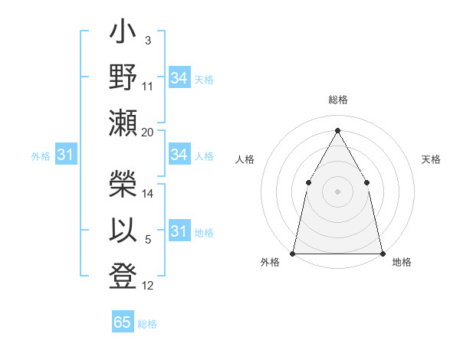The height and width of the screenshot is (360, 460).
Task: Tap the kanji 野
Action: [x=123, y=78]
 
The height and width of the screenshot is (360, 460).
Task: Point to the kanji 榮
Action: [x=123, y=182]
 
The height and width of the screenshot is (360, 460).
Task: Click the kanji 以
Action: [x=123, y=231]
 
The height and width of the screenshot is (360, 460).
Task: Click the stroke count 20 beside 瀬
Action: [x=148, y=133]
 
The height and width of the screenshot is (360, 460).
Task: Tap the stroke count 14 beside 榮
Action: [x=148, y=194]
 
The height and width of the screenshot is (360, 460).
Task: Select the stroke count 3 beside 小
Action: [x=147, y=40]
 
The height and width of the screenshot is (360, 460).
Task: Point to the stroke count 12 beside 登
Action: [x=148, y=286]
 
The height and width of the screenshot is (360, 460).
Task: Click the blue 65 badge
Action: [x=123, y=322]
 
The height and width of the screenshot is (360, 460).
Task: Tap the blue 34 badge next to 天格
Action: [x=179, y=78]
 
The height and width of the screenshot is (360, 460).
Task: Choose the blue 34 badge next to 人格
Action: [x=179, y=155]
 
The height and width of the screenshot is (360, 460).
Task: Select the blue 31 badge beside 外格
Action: [x=65, y=155]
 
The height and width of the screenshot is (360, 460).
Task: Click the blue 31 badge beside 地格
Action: [x=179, y=231]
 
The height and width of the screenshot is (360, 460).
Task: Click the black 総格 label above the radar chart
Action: [x=337, y=100]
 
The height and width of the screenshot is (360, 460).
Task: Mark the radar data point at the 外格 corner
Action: [x=293, y=253]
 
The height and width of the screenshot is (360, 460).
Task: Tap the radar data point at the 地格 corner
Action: [x=382, y=253]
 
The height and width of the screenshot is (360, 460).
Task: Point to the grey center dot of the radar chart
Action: [x=337, y=191]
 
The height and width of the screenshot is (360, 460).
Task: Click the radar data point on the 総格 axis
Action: [x=337, y=130]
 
